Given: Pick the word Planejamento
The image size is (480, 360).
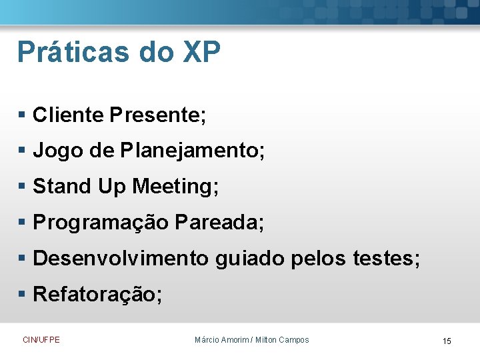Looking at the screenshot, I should pyautogui.click(x=193, y=151).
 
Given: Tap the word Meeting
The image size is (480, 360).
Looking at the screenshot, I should pyautogui.click(x=175, y=187).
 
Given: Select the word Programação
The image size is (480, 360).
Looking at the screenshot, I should pyautogui.click(x=101, y=223).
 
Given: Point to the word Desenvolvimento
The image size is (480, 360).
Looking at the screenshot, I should pyautogui.click(x=121, y=258).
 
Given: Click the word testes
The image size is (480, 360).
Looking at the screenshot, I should pyautogui.click(x=387, y=258).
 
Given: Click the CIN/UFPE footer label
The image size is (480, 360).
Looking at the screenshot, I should pyautogui.click(x=41, y=340).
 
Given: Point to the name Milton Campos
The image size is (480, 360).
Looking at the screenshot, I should pyautogui.click(x=283, y=340).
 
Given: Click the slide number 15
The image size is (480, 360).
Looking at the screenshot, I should pyautogui.click(x=447, y=341).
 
